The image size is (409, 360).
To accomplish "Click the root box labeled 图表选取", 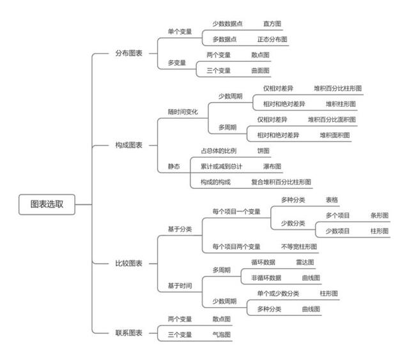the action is [x=47, y=204].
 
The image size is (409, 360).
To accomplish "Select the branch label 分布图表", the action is [x=129, y=54].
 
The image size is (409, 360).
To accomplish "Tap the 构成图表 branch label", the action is [x=129, y=145].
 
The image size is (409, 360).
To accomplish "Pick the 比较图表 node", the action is [x=129, y=264].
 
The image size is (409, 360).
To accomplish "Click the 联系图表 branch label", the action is [x=129, y=333].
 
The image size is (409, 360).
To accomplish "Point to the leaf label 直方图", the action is [x=272, y=24].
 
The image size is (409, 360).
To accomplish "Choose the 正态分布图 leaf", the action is [x=272, y=40].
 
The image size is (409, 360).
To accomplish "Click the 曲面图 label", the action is [x=260, y=71].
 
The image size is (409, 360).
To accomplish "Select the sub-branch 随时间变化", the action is [x=183, y=112].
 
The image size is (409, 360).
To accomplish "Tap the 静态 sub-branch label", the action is [x=174, y=167].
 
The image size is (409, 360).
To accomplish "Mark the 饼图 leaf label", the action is [x=263, y=151].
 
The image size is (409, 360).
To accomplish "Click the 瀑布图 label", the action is [x=272, y=167].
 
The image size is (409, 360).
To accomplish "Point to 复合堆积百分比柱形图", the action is [x=281, y=182].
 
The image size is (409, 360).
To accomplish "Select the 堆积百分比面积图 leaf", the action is [x=332, y=119].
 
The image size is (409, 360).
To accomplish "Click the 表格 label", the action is [x=332, y=200].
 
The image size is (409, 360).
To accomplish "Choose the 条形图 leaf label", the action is [x=380, y=216].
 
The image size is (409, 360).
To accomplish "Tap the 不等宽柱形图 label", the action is [x=299, y=246].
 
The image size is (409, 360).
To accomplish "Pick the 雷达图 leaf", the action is [x=305, y=262].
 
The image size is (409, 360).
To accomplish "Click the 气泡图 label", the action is [x=222, y=334].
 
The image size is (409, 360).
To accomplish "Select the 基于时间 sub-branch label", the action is [x=180, y=286].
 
